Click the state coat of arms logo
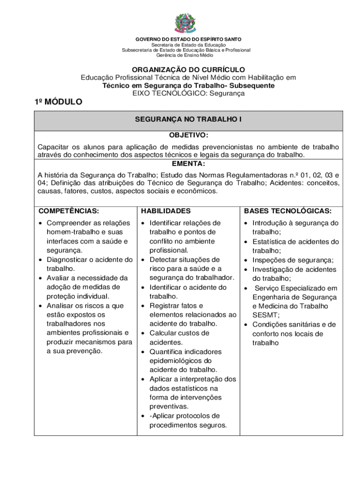click(x=186, y=23)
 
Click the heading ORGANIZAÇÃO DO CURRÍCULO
click(x=188, y=70)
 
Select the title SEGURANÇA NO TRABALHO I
click(x=188, y=120)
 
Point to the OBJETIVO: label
click(x=188, y=135)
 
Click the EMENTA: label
click(x=188, y=164)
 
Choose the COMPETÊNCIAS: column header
click(x=69, y=211)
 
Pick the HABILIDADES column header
click(x=166, y=211)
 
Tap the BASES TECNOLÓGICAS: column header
click(x=288, y=211)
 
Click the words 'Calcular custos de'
click(x=179, y=333)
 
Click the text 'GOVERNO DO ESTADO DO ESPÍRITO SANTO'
click(x=188, y=39)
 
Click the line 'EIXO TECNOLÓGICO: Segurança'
click(x=188, y=94)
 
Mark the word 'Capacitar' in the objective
click(x=54, y=147)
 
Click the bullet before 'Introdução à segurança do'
click(x=246, y=224)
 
